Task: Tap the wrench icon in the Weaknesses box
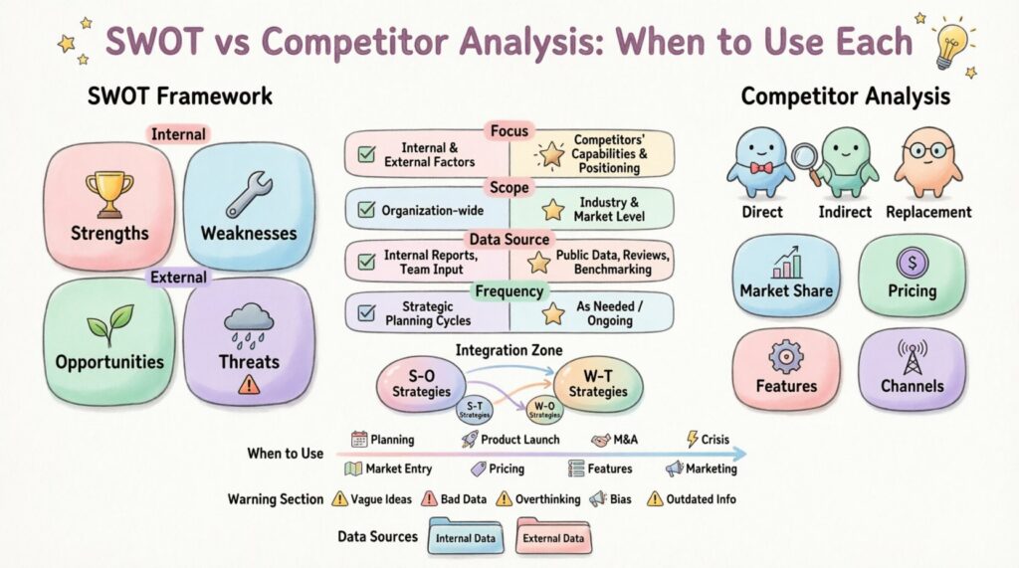pos(250,195)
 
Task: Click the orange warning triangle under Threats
pos(249,384)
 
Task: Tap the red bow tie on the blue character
pos(761,168)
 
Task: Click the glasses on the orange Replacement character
pos(927,151)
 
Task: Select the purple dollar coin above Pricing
pos(913,263)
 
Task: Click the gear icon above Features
pos(786,357)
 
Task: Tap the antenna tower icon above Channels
pos(913,357)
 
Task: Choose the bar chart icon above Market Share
pos(786,263)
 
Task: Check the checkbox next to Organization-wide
pos(366,209)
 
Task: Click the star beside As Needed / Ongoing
pos(553,313)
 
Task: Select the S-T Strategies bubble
pos(475,410)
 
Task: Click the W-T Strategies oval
pos(597,384)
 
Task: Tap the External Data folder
pos(553,535)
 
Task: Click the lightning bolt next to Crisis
pos(693,440)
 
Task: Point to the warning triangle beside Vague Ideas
pos(340,498)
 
